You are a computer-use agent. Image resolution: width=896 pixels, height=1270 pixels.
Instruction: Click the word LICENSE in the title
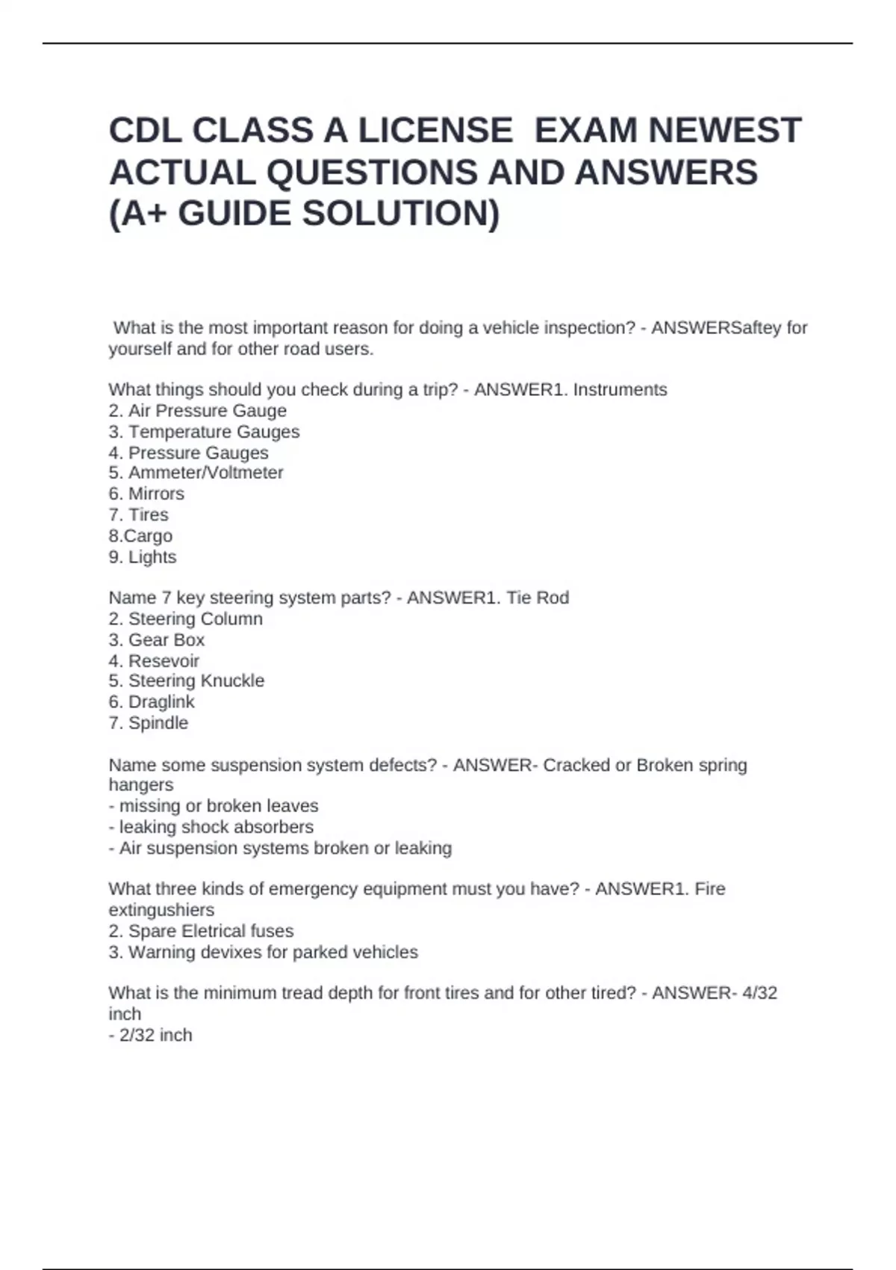coord(435,131)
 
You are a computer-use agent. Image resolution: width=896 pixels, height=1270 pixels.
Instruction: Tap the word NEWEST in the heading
coord(724,131)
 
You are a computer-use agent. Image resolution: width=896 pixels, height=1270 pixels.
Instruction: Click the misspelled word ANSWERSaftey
coord(716,328)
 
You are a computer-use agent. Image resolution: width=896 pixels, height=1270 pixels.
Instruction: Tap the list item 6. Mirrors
coord(146,494)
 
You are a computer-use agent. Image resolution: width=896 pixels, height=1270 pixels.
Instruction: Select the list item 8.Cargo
coord(140,536)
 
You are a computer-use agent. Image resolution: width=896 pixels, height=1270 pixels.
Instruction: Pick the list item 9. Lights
coord(143,557)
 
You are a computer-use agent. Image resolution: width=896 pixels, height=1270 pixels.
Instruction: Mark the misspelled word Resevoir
coord(164,661)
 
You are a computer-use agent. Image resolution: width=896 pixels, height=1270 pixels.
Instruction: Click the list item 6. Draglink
coord(152,702)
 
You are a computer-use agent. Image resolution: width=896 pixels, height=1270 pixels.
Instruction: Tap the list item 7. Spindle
coord(149,723)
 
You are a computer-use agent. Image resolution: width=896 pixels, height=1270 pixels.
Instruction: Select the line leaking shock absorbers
coord(211,827)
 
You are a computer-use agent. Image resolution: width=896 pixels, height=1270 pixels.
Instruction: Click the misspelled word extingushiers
coord(161,910)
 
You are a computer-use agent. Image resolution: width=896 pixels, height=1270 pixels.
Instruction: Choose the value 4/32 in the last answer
coord(759,993)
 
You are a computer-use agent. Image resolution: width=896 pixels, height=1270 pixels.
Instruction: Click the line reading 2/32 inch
coord(151,1035)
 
